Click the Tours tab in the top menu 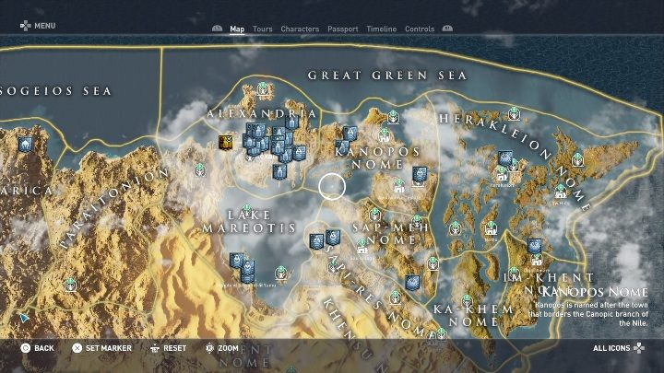tap(262, 29)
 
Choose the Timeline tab tap(381, 29)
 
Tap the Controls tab tap(420, 29)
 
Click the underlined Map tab tap(237, 29)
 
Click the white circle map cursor tap(332, 187)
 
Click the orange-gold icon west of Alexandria tap(224, 142)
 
